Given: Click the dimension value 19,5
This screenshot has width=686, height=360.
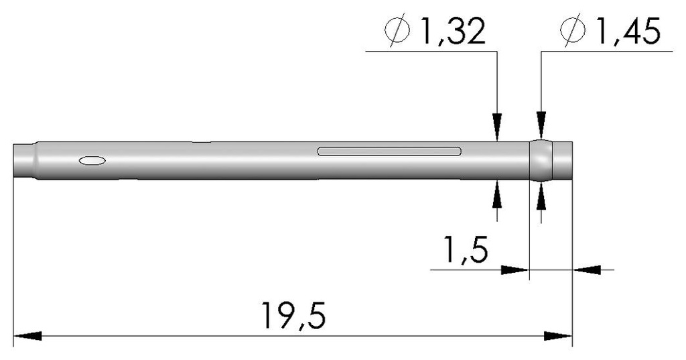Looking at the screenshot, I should pyautogui.click(x=295, y=315).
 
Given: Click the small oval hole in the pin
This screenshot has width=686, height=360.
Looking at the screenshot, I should pyautogui.click(x=92, y=160).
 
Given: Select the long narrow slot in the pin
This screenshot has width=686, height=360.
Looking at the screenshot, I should pyautogui.click(x=389, y=151).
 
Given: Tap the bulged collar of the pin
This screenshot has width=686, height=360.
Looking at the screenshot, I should pyautogui.click(x=541, y=160).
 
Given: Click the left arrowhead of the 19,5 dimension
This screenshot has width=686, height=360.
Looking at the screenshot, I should pyautogui.click(x=27, y=335).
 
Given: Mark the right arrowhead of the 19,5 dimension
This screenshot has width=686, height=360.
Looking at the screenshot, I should pyautogui.click(x=559, y=335).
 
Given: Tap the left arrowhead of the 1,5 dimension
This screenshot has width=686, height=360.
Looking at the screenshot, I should pyautogui.click(x=516, y=269).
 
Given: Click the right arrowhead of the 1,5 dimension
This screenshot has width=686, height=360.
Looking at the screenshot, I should pyautogui.click(x=586, y=269).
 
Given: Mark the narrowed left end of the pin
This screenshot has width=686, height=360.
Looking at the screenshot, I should pyautogui.click(x=24, y=160).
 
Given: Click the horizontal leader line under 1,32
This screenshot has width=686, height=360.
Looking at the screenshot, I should pyautogui.click(x=429, y=50).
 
